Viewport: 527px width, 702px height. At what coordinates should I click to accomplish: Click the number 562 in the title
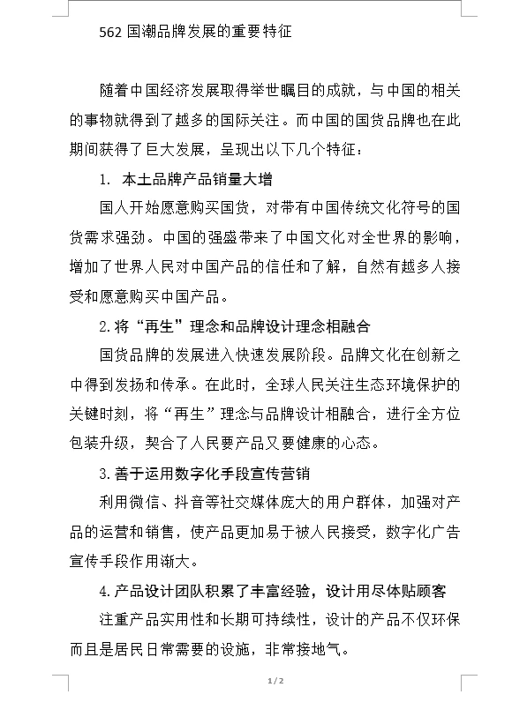point(112,32)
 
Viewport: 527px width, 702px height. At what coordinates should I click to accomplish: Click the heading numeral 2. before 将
point(105,325)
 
